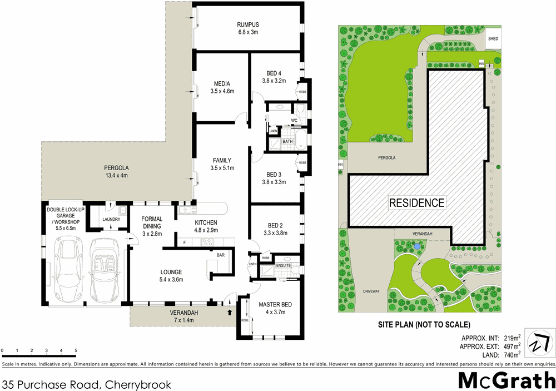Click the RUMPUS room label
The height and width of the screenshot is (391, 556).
click(x=247, y=24)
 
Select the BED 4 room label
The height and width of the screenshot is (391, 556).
click(x=274, y=73)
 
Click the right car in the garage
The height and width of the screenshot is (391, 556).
click(x=105, y=269)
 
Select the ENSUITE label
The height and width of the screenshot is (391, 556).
click(x=284, y=266)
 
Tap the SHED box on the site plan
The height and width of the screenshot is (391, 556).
click(x=493, y=38)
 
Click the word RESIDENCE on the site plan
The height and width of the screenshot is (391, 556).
click(x=416, y=203)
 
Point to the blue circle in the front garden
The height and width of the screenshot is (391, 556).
click(x=417, y=246)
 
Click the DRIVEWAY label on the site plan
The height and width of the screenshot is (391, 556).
click(x=371, y=291)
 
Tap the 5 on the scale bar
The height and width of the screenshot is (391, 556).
click(x=76, y=350)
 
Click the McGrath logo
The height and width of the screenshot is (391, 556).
click(x=507, y=380)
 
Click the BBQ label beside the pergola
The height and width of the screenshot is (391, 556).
click(x=340, y=165)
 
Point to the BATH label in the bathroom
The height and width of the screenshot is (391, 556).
click(x=287, y=141)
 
